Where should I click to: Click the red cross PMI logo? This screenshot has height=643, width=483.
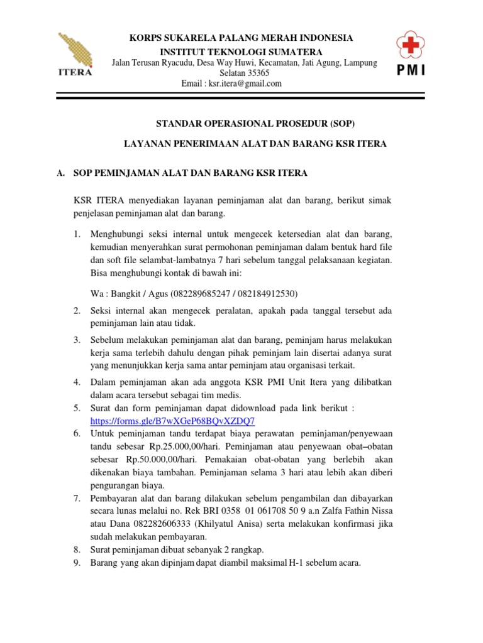pos(410,53)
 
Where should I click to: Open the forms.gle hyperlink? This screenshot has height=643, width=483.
pos(173,421)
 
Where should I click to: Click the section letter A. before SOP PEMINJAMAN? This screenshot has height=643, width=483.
pos(61,173)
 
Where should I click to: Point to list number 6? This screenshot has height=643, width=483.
pos(76,433)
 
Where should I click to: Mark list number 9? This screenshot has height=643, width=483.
pos(76,563)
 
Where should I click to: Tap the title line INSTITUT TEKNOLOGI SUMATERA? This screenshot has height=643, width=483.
pos(241,51)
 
